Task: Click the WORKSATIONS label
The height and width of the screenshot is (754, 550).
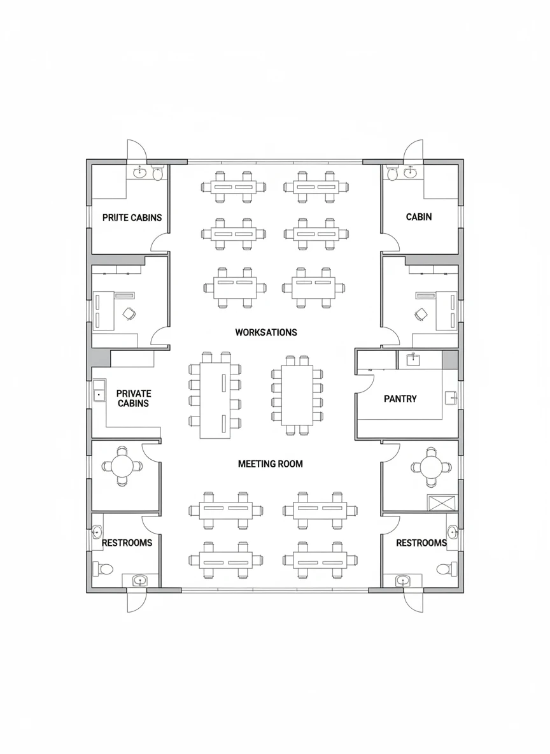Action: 265,332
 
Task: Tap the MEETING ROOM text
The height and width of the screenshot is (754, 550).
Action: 270,464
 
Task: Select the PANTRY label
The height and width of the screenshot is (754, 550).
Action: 400,399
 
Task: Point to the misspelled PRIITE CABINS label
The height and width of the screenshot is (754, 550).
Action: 132,217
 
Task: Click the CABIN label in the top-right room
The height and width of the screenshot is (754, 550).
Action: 418,217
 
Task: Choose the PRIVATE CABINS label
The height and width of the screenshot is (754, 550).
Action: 133,399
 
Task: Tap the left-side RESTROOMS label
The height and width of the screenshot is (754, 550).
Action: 127,543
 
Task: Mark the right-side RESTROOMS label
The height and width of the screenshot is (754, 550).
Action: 421,543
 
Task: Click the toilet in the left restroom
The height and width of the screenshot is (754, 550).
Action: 104,568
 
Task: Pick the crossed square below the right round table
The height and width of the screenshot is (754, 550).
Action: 442,503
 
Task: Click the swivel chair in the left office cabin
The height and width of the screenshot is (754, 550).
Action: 129,313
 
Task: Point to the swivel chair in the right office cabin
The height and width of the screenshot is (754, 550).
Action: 421,314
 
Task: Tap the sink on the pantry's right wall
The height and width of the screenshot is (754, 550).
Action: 451,398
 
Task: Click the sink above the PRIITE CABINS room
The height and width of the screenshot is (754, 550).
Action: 140,172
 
